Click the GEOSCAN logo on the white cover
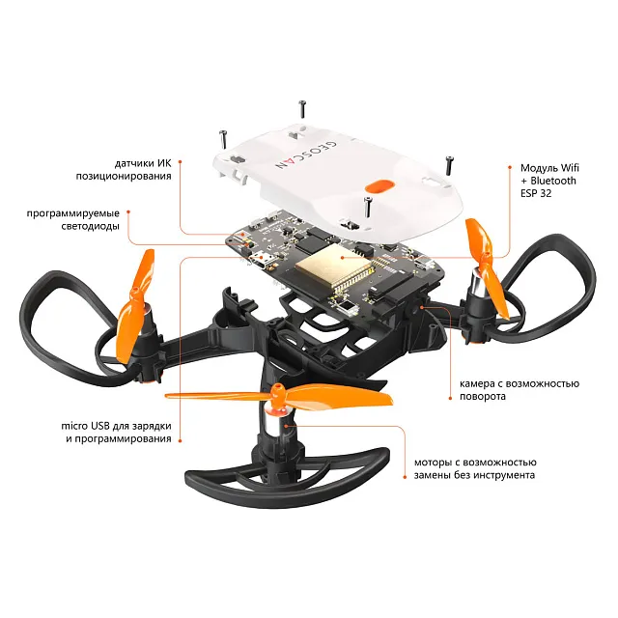[306, 154]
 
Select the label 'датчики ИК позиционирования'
[124, 170]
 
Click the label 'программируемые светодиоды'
[73, 219]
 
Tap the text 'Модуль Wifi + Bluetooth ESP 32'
[549, 181]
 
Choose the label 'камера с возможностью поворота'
[520, 389]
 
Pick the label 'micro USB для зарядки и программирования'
[116, 432]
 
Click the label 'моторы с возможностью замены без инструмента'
[474, 468]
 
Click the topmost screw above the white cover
[302, 109]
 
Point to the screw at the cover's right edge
[449, 165]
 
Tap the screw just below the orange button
[368, 207]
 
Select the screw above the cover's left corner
[222, 139]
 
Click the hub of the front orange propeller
[278, 395]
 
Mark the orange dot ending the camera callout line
[450, 398]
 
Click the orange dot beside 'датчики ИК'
[180, 161]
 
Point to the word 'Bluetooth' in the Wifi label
[553, 181]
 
